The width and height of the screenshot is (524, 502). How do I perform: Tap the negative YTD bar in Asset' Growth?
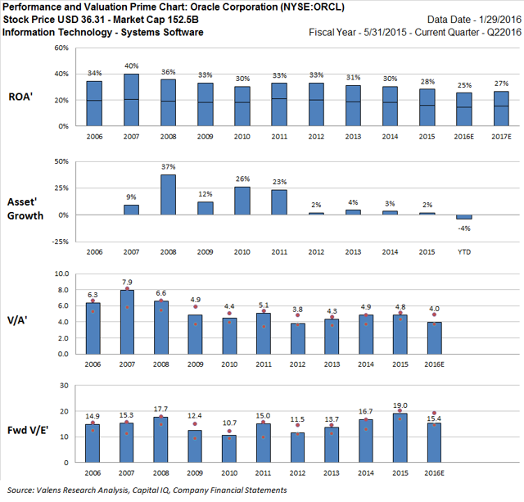[x=464, y=217]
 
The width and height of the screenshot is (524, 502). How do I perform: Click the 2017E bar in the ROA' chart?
[x=501, y=108]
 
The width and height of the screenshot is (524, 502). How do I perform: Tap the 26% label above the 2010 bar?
[x=242, y=179]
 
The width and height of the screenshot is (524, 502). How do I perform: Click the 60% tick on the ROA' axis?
[x=61, y=48]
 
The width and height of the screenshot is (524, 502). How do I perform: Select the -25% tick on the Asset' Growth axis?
[x=59, y=242]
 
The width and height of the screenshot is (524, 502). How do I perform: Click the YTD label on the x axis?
[x=464, y=252]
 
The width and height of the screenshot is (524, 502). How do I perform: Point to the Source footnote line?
[x=145, y=490]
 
